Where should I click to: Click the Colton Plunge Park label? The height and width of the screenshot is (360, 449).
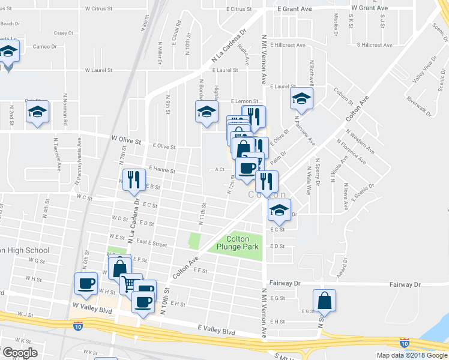[x=238, y=242]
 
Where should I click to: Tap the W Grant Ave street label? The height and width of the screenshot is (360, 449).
[x=370, y=8]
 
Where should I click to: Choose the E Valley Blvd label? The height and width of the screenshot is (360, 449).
[x=216, y=331]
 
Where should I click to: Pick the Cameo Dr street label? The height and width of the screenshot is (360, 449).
[x=44, y=46]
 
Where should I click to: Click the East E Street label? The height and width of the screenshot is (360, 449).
[x=151, y=244]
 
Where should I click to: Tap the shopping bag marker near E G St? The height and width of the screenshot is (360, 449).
[x=324, y=300]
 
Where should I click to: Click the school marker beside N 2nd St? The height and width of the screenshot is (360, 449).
[x=37, y=112]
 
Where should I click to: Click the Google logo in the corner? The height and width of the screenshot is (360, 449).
[x=19, y=353]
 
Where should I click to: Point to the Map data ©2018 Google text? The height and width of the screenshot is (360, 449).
[x=412, y=355]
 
